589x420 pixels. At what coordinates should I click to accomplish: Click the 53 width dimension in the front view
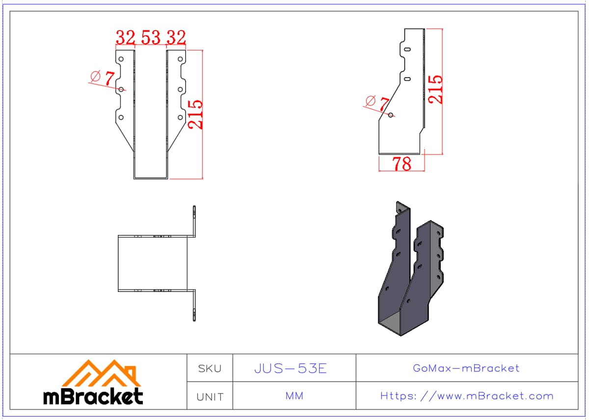151,37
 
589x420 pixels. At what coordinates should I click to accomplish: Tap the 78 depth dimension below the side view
402,164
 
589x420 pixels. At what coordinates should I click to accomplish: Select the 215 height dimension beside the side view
435,89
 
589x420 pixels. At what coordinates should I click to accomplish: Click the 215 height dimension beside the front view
196,114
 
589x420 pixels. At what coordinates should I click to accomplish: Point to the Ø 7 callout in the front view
103,78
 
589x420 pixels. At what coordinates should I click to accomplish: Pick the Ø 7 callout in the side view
377,103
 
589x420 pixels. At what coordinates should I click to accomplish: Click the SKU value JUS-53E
291,368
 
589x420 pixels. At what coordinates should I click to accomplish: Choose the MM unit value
294,396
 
